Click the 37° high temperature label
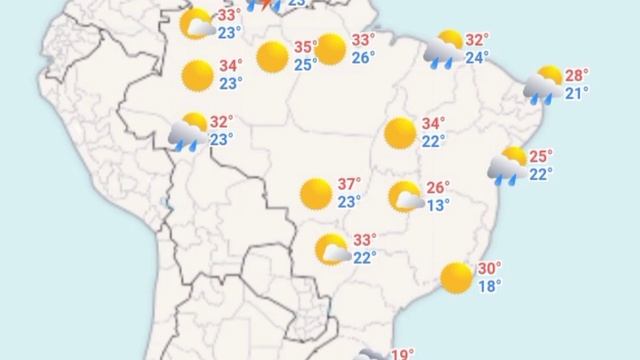click(349, 184)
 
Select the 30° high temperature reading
click(489, 268)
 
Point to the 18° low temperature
click(489, 286)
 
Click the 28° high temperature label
click(577, 75)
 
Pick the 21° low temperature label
click(577, 93)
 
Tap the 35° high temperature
click(304, 47)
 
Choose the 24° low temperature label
click(476, 58)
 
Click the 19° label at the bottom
click(402, 354)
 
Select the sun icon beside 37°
click(316, 193)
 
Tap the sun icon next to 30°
click(456, 277)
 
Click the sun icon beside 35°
click(272, 57)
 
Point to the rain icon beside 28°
click(544, 85)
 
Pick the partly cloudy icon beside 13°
click(406, 197)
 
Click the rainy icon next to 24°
click(443, 49)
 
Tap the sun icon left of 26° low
click(331, 48)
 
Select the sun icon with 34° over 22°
click(400, 132)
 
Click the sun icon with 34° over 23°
click(198, 75)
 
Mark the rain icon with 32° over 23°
click(188, 131)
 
